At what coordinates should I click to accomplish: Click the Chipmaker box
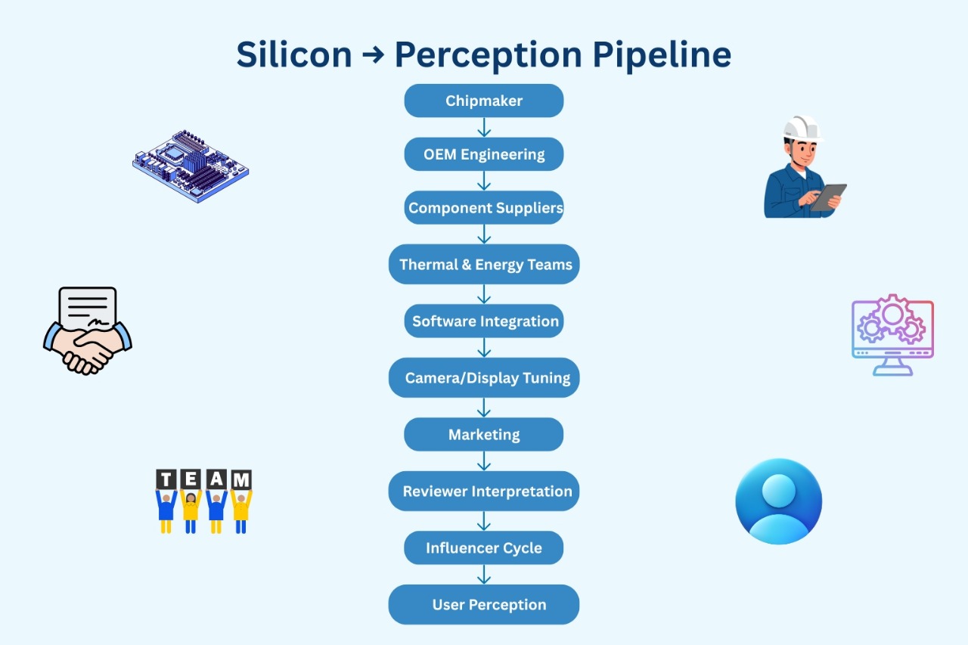483,101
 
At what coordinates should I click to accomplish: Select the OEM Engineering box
483,154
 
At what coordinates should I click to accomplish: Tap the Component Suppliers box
483,207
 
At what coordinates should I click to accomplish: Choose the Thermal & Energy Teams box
483,264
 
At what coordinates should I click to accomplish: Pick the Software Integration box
483,321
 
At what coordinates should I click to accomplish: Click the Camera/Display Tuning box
483,377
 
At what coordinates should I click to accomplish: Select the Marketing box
483,434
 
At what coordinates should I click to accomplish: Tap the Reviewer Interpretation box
483,492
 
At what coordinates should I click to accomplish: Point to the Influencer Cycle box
483,547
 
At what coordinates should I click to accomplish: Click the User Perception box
483,604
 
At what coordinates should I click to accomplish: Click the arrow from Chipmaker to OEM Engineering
484,128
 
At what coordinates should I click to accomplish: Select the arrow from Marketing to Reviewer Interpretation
484,461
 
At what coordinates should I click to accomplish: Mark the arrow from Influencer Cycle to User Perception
484,575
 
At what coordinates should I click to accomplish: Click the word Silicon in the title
294,54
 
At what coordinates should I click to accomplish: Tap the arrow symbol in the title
373,55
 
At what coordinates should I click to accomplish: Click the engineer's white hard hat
802,129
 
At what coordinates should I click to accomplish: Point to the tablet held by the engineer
828,197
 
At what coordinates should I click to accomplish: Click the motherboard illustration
191,166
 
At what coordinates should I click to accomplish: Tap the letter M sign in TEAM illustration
241,479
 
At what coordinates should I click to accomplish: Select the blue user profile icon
778,501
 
